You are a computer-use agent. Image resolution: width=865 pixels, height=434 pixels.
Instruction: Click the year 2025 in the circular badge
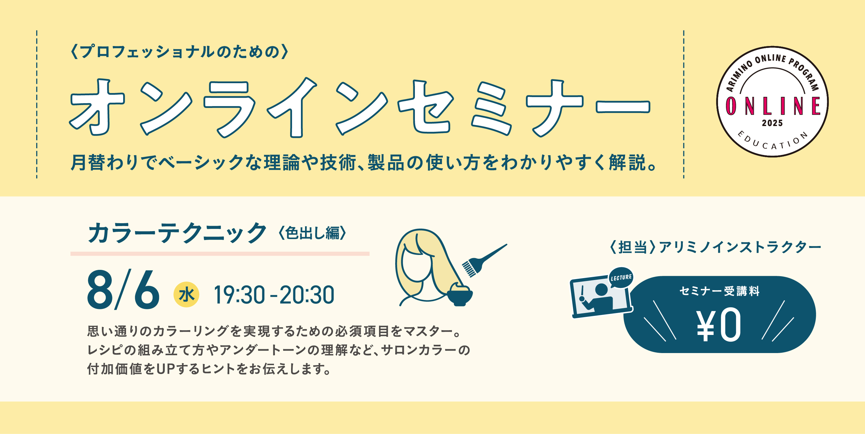pyautogui.click(x=772, y=123)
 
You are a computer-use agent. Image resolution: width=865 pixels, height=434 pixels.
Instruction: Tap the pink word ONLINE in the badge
pyautogui.click(x=772, y=106)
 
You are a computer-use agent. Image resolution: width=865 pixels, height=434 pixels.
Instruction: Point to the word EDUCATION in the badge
pyautogui.click(x=772, y=141)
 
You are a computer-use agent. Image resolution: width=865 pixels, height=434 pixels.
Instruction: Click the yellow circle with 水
pyautogui.click(x=186, y=295)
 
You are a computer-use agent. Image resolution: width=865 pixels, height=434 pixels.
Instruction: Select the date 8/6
pyautogui.click(x=123, y=290)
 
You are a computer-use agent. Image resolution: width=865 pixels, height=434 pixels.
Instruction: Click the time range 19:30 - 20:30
pyautogui.click(x=274, y=295)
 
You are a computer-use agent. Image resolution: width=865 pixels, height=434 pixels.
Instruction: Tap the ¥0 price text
pyautogui.click(x=719, y=325)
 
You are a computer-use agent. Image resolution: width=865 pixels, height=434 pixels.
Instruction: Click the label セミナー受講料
pyautogui.click(x=719, y=291)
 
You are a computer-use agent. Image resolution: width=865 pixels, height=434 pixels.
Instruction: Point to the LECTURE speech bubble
pyautogui.click(x=621, y=278)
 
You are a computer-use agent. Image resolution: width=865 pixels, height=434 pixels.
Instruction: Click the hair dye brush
pyautogui.click(x=484, y=260)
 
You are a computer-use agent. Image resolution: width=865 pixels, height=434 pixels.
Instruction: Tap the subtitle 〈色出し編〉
pyautogui.click(x=312, y=233)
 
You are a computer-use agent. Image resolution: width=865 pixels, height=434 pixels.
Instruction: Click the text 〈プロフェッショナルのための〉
pyautogui.click(x=180, y=52)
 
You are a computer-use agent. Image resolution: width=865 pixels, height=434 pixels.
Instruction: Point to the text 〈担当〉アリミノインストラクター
pyautogui.click(x=715, y=247)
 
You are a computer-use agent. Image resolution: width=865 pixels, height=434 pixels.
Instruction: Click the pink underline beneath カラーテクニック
pyautogui.click(x=220, y=254)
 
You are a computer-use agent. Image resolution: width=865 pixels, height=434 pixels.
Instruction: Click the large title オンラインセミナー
pyautogui.click(x=359, y=108)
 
